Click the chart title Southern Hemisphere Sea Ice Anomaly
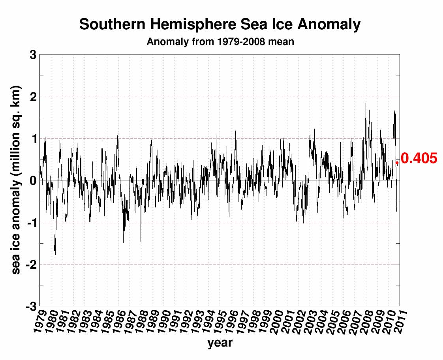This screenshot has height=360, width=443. [220, 24]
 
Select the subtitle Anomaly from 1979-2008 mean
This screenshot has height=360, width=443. [220, 41]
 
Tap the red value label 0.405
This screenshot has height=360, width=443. [419, 159]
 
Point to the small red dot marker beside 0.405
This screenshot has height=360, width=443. [397, 162]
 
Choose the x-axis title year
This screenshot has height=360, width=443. [220, 343]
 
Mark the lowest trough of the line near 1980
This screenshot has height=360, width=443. [55, 257]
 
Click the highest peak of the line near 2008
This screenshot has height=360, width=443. [366, 103]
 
